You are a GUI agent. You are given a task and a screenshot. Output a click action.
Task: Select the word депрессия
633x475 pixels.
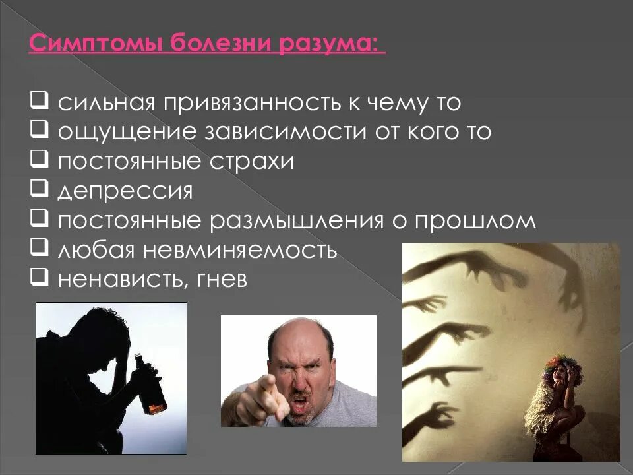click(x=125, y=192)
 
